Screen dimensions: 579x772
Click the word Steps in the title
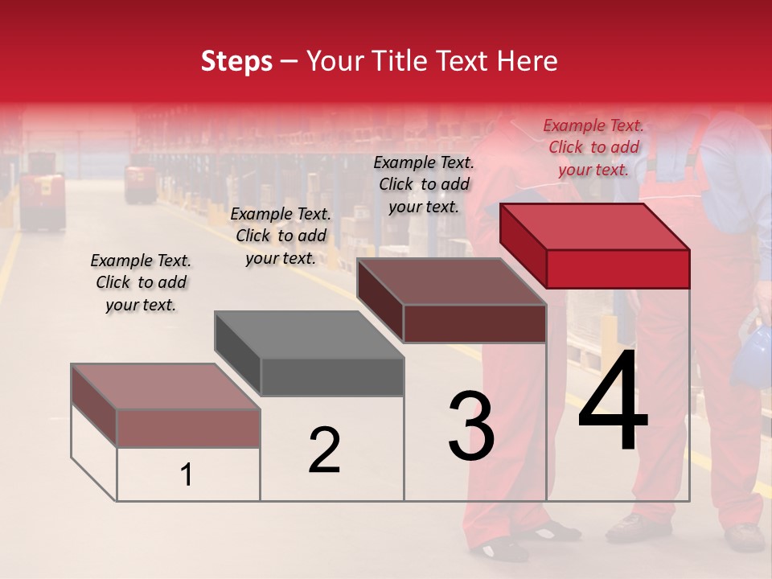point(236,61)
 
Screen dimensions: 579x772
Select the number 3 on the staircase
point(471,426)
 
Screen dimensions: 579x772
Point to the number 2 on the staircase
point(324,451)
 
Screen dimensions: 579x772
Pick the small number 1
point(187,475)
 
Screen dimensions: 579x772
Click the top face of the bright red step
point(593,226)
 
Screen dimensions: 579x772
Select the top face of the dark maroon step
point(450,281)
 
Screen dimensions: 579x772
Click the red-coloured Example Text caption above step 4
point(593,147)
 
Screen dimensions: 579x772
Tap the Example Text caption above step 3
point(424,184)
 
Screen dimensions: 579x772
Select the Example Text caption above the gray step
point(281,236)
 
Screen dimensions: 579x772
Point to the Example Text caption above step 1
point(141,282)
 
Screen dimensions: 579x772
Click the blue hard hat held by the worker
point(753,355)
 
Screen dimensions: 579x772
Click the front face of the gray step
point(331,377)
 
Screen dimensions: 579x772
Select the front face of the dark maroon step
point(474,323)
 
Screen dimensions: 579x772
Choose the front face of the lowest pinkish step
point(188,428)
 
